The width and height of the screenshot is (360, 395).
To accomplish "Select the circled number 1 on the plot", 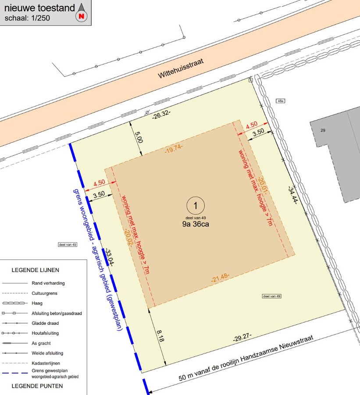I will click(196, 205).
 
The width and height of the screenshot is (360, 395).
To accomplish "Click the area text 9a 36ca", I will click(196, 224).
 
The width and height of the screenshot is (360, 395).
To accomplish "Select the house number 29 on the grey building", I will click(323, 130).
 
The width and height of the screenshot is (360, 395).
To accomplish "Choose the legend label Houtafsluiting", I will click(45, 333).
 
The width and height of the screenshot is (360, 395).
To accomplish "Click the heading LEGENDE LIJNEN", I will click(36, 270).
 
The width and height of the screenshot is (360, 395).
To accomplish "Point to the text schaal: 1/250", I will click(27, 18).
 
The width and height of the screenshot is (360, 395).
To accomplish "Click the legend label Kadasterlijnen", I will click(46, 363).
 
